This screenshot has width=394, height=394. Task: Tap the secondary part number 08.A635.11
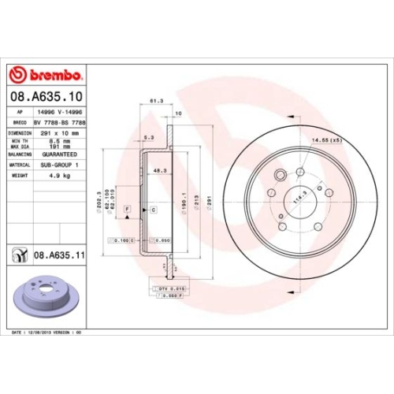pyautogui.click(x=59, y=255)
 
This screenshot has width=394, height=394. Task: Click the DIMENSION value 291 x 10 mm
pyautogui.click(x=67, y=133)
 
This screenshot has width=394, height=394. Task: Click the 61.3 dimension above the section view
pyautogui.click(x=155, y=101)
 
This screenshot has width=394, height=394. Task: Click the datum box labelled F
pyautogui.click(x=126, y=207)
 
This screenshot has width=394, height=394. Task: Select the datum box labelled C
pyautogui.click(x=153, y=209)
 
